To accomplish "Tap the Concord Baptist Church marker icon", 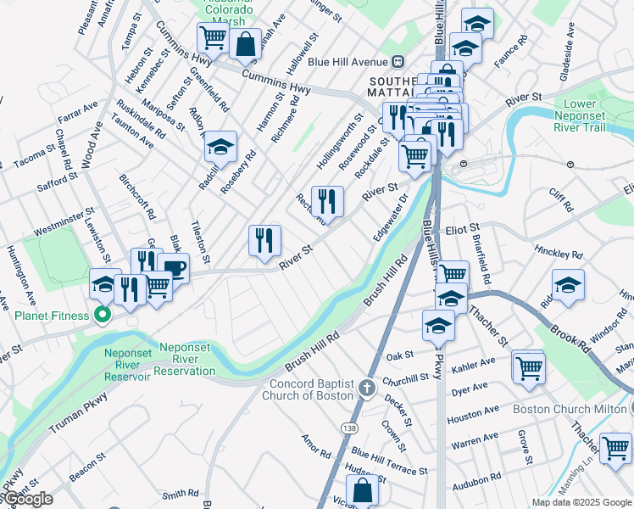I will (366, 389).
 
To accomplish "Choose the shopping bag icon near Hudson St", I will (362, 490).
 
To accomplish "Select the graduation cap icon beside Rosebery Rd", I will (220, 149).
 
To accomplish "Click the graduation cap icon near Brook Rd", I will (568, 284).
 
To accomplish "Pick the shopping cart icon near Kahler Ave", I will (529, 369).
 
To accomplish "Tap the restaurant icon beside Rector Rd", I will (327, 202).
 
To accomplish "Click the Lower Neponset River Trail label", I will (597, 115).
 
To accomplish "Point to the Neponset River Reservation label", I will (159, 362).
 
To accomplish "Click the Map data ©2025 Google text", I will (581, 502).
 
